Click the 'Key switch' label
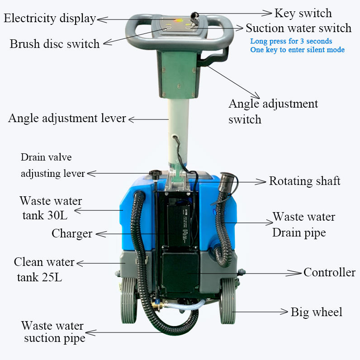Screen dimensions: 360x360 tap(303, 13)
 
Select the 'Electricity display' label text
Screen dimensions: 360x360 tap(50, 19)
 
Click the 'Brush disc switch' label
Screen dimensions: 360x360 tap(55, 43)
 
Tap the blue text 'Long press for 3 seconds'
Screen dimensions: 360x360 tap(291, 41)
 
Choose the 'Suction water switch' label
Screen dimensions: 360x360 tap(298, 28)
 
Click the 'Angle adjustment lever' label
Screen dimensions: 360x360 tap(67, 118)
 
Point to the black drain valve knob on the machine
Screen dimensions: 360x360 tap(156, 173)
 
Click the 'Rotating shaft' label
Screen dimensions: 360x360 tap(304, 181)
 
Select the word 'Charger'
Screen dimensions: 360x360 tap(72, 234)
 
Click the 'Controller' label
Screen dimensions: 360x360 tap(329, 272)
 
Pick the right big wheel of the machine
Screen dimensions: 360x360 tap(228, 301)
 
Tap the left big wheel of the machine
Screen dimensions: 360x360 tap(129, 301)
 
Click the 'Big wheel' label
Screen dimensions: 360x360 tap(317, 312)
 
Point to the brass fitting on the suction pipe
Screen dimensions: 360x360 tap(157, 305)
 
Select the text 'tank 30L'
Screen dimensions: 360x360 tap(45, 215)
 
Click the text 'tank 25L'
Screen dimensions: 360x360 tap(39, 277)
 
